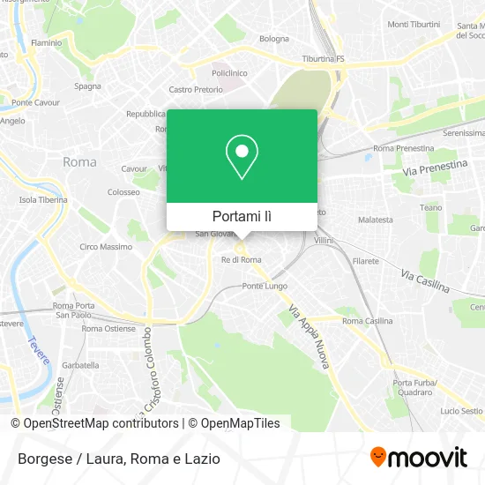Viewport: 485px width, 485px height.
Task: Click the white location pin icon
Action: (x=242, y=157)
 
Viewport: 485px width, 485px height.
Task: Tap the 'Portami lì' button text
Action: (x=242, y=216)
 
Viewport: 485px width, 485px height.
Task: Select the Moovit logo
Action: (x=419, y=458)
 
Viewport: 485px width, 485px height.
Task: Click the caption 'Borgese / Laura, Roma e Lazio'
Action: (x=116, y=459)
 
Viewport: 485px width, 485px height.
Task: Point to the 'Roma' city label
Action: (x=79, y=162)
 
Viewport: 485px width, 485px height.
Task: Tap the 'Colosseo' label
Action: (x=123, y=191)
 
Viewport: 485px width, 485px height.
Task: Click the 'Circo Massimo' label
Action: (x=107, y=247)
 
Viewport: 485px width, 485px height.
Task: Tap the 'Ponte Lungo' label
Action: (x=264, y=287)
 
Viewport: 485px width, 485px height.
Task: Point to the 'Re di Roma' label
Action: (x=241, y=259)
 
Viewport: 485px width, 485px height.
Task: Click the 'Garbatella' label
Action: (x=80, y=364)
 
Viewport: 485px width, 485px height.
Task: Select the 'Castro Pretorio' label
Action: (x=192, y=89)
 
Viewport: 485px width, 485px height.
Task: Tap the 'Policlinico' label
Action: (x=228, y=74)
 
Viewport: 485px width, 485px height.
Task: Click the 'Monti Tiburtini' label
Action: (x=413, y=24)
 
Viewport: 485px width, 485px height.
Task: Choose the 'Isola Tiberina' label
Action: (x=43, y=199)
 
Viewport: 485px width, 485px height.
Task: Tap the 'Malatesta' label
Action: (x=375, y=220)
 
